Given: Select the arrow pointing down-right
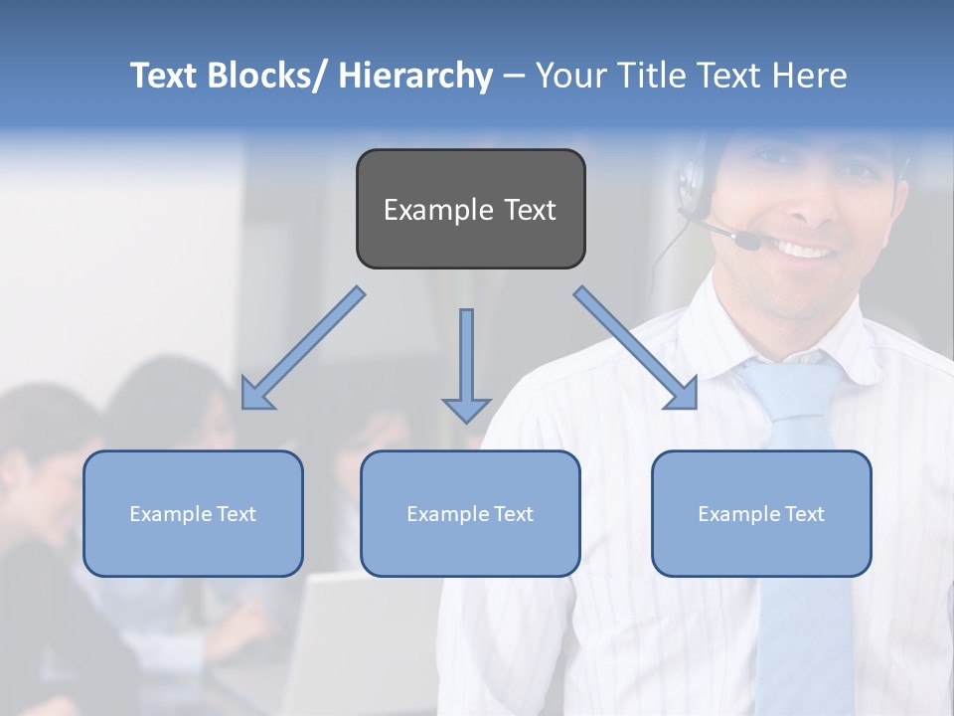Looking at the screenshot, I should (636, 348).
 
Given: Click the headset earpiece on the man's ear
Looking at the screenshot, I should (688, 184).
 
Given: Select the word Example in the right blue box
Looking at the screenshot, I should (733, 514).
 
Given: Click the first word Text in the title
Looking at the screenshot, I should (166, 76).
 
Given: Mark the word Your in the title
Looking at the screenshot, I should (569, 76).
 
